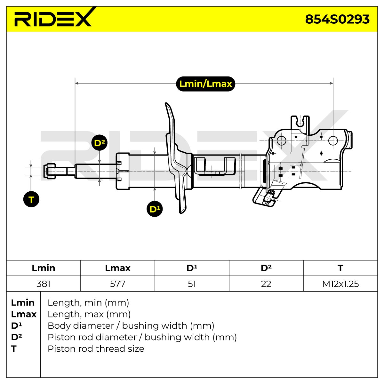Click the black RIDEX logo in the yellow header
[x=53, y=17]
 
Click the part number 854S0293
[x=337, y=19]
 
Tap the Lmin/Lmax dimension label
[x=205, y=84]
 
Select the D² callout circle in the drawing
[x=99, y=143]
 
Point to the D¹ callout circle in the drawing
[x=155, y=209]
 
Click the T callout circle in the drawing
[x=31, y=199]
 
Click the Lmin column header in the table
[x=44, y=268]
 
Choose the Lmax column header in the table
[x=118, y=268]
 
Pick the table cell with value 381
[x=44, y=284]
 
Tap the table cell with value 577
[x=117, y=284]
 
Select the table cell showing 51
[x=192, y=284]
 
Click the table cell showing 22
[x=266, y=284]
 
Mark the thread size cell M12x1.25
[x=340, y=284]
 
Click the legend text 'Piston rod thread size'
[x=96, y=349]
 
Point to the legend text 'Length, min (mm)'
[x=88, y=303]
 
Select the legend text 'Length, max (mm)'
[x=89, y=314]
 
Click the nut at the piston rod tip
[x=49, y=171]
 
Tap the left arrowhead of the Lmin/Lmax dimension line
[x=76, y=83]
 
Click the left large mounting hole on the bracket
[x=281, y=141]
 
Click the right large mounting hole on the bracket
[x=333, y=141]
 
